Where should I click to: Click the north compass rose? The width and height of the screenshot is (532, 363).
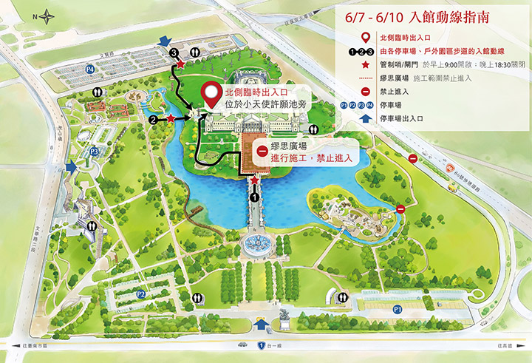pyautogui.click(x=48, y=14)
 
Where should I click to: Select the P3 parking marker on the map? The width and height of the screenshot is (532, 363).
pyautogui.click(x=95, y=152)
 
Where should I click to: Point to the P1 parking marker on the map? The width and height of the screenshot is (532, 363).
pyautogui.click(x=397, y=308)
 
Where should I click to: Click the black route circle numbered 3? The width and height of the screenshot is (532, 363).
pyautogui.click(x=174, y=53)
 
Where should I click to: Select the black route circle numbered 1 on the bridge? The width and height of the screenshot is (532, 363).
pyautogui.click(x=255, y=197)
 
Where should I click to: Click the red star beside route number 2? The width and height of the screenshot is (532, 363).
pyautogui.click(x=171, y=118)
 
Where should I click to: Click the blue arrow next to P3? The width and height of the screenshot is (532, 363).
pyautogui.click(x=70, y=169)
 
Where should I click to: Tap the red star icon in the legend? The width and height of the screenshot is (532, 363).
pyautogui.click(x=364, y=63)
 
